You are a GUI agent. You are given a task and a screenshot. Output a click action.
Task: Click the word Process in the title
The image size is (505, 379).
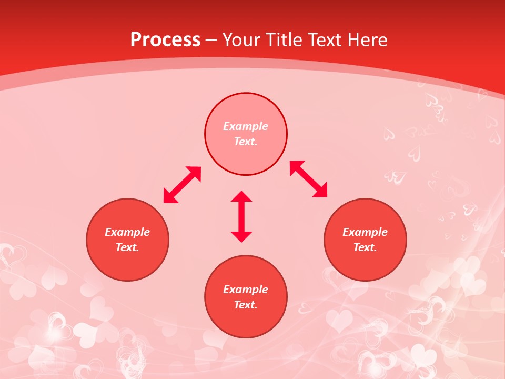pyautogui.click(x=165, y=40)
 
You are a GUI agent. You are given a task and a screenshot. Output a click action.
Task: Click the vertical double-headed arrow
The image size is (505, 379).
pyautogui.click(x=241, y=216)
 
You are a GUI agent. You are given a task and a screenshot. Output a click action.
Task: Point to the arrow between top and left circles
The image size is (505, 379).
pyautogui.click(x=183, y=185)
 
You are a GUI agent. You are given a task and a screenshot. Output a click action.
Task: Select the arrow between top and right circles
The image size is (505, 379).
pyautogui.click(x=309, y=179)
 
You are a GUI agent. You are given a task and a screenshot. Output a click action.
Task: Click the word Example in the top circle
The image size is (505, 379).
pyautogui.click(x=246, y=126)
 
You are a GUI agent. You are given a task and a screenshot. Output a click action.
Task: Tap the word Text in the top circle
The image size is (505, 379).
pyautogui.click(x=246, y=142)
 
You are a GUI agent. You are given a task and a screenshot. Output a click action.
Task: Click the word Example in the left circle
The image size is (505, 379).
pyautogui.click(x=127, y=232)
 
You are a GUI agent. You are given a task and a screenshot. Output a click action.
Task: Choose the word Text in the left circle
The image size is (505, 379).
pyautogui.click(x=127, y=247)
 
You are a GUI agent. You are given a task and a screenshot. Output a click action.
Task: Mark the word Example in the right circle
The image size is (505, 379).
pyautogui.click(x=365, y=232)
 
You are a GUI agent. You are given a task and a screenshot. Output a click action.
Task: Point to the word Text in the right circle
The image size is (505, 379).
pyautogui.click(x=365, y=247)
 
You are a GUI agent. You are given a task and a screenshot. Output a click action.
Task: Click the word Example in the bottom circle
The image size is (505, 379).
pyautogui.click(x=246, y=290)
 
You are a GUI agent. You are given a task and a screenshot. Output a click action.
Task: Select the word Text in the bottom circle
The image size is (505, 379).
pyautogui.click(x=246, y=305)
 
